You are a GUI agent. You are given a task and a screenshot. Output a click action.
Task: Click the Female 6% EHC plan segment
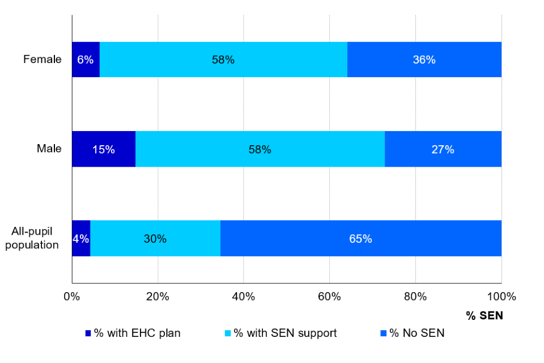tap(86, 60)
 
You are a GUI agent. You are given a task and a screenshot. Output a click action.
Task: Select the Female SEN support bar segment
tap(223, 60)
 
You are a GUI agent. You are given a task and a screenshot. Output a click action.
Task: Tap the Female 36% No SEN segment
tap(424, 60)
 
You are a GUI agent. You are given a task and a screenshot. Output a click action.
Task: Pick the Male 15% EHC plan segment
tap(104, 149)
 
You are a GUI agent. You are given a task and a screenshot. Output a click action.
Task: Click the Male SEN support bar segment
tap(260, 149)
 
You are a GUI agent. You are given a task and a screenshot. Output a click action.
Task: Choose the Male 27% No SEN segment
tap(443, 149)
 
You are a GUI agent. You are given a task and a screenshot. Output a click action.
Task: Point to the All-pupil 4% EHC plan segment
tap(81, 238)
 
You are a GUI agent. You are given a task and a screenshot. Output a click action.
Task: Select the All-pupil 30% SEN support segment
tap(155, 238)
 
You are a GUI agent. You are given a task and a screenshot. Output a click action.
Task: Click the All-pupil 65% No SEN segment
tap(360, 238)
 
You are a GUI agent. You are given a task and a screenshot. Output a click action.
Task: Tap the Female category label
tap(42, 60)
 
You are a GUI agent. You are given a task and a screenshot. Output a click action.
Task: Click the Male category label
tap(49, 149)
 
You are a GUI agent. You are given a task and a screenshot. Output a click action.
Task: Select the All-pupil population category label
tap(36, 238)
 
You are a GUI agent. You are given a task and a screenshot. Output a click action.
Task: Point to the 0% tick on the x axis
tap(72, 296)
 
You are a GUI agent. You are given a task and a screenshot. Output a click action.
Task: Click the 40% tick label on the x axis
tap(243, 296)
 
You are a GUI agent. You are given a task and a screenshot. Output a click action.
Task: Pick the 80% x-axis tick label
tap(415, 296)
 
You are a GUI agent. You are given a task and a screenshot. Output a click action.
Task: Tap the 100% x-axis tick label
tap(501, 296)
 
